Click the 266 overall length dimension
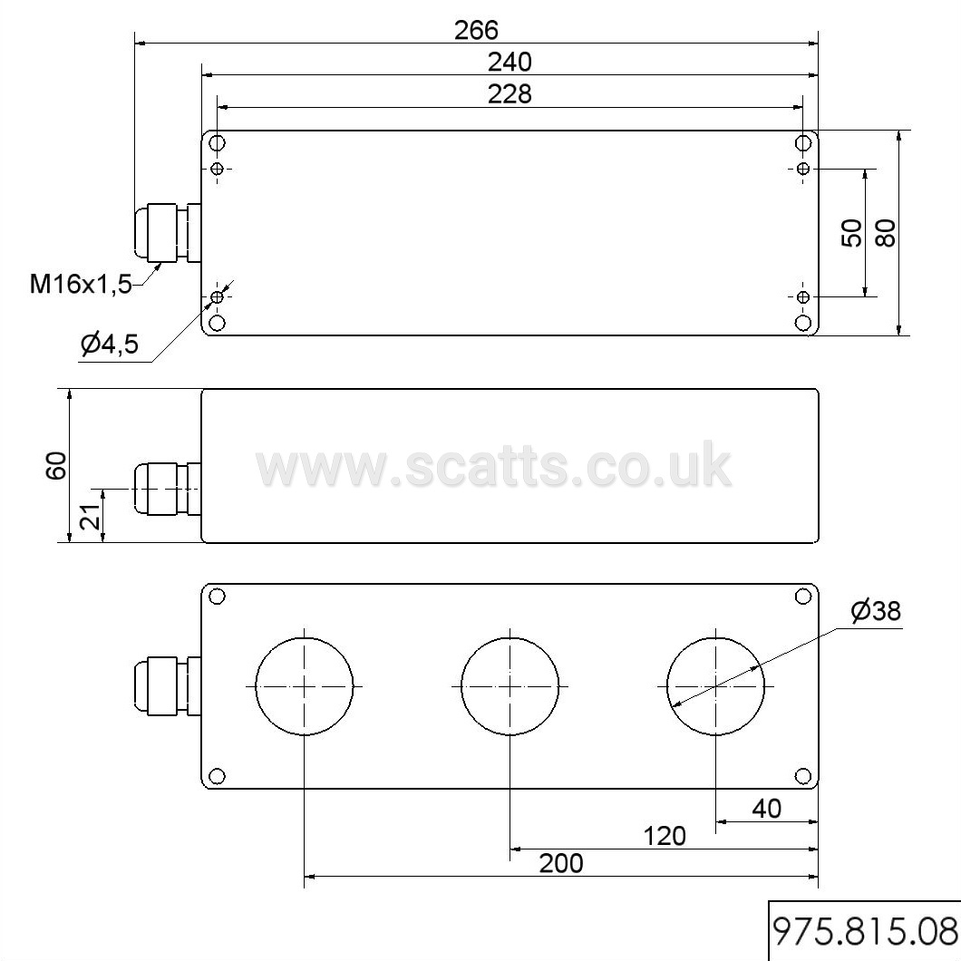(476, 30)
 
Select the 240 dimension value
(510, 62)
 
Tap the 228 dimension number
(510, 94)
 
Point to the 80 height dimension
(886, 232)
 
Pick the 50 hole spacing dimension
(852, 233)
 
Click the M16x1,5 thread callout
(81, 284)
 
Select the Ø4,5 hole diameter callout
(109, 345)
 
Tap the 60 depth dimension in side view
(56, 465)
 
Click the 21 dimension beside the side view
(90, 517)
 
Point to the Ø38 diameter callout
(876, 610)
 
